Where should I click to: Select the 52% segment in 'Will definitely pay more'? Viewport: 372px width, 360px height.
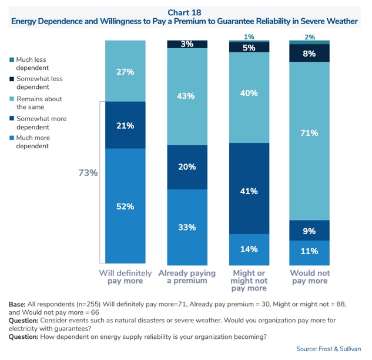pyautogui.click(x=125, y=206)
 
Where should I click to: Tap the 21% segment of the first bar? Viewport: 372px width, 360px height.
pyautogui.click(x=125, y=125)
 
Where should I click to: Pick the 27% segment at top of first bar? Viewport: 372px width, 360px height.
pyautogui.click(x=125, y=72)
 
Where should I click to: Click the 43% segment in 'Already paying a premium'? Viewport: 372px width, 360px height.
pyautogui.click(x=187, y=96)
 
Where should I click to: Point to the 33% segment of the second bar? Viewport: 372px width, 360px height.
pyautogui.click(x=187, y=227)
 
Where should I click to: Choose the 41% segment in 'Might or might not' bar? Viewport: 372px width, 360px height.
pyautogui.click(x=249, y=191)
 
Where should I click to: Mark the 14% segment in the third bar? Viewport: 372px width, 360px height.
pyautogui.click(x=249, y=249)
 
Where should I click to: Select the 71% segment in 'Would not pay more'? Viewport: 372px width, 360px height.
pyautogui.click(x=310, y=133)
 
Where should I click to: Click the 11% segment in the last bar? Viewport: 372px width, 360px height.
pyautogui.click(x=310, y=252)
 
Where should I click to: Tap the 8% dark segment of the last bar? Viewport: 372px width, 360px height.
pyautogui.click(x=310, y=53)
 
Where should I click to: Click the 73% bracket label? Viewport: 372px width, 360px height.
pyautogui.click(x=88, y=173)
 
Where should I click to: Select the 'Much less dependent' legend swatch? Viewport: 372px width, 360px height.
pyautogui.click(x=11, y=59)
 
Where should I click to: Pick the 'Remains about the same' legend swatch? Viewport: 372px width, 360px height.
pyautogui.click(x=11, y=99)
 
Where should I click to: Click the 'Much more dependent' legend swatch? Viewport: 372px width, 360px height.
pyautogui.click(x=11, y=138)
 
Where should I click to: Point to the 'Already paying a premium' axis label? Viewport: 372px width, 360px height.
pyautogui.click(x=187, y=277)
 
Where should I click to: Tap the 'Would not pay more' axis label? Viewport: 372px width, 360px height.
pyautogui.click(x=310, y=277)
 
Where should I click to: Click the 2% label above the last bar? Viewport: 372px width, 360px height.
pyautogui.click(x=310, y=37)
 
